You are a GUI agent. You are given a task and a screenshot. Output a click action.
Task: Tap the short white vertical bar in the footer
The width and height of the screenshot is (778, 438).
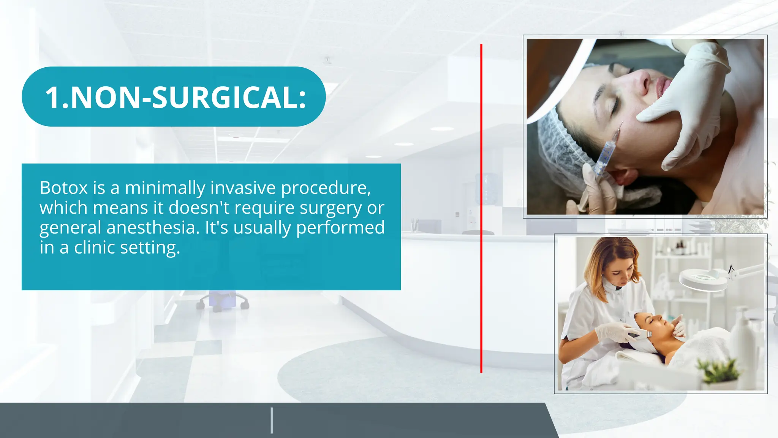pos(272,420)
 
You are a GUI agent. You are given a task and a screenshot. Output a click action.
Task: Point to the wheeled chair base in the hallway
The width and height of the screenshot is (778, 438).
pos(222,302)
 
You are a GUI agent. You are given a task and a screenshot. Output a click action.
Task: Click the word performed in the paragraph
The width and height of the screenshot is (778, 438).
pos(340,228)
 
